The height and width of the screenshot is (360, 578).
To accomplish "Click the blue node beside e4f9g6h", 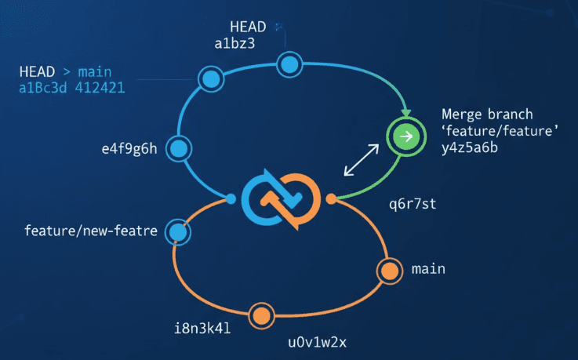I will click(179, 147).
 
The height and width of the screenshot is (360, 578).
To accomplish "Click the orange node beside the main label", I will click(389, 271).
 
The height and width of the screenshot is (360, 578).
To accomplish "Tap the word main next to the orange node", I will click(428, 269).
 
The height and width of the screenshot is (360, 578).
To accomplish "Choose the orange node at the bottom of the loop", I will click(262, 315).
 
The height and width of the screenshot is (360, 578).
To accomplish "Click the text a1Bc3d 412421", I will click(71, 88).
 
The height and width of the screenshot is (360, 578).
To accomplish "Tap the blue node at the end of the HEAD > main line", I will click(211, 78).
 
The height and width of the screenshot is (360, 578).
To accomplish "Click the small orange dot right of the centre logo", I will click(331, 198).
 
